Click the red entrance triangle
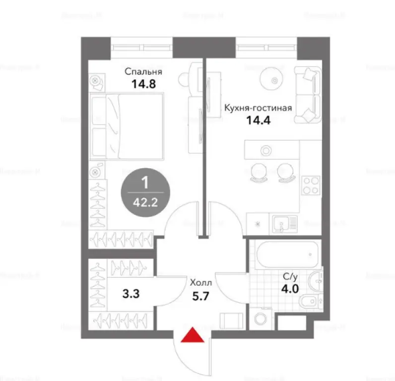(x=192, y=336)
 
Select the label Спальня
(x=144, y=72)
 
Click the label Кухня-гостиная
(x=257, y=108)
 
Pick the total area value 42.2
(x=144, y=202)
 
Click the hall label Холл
(x=200, y=284)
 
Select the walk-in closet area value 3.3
(x=130, y=293)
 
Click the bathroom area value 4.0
(x=290, y=289)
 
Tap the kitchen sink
(x=284, y=224)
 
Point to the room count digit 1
(x=144, y=183)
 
